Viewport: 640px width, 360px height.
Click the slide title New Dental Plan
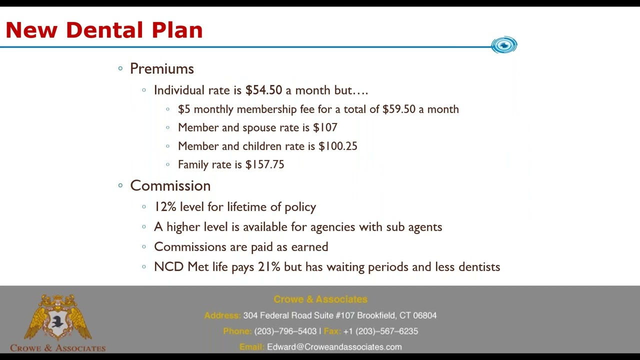point(104,30)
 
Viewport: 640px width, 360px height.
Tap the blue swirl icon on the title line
point(504,45)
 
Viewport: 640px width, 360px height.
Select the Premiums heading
point(161,68)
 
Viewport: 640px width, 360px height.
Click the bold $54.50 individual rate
point(263,90)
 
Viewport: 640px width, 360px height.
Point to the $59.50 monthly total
point(398,109)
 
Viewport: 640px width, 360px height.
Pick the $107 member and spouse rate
point(325,127)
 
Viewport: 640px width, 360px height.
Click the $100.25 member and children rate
point(337,146)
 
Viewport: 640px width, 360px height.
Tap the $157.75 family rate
point(264,164)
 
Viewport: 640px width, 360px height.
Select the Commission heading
point(170,185)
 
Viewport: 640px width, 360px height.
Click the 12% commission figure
point(165,206)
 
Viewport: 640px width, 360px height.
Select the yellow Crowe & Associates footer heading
point(320,299)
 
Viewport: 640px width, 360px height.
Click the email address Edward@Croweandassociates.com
point(334,346)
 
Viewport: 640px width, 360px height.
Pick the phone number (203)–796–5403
point(285,331)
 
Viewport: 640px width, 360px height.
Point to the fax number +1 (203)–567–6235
point(380,331)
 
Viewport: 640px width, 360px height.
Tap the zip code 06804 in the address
point(424,315)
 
